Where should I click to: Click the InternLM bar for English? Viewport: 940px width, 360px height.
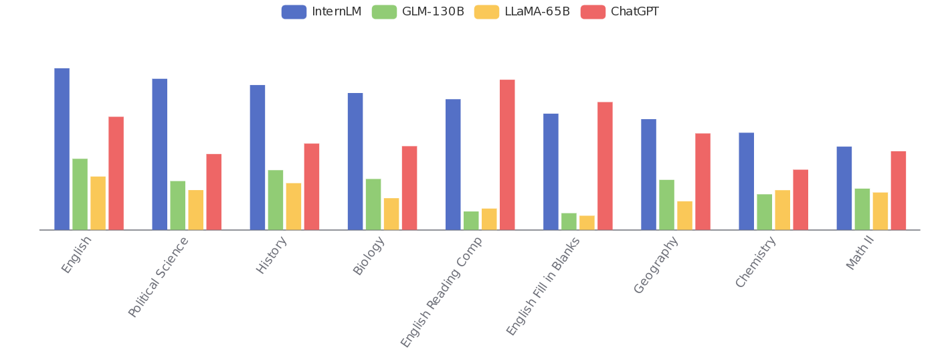click(x=62, y=149)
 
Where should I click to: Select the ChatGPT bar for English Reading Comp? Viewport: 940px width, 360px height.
click(x=507, y=155)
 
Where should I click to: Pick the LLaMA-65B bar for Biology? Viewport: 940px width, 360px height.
click(x=391, y=214)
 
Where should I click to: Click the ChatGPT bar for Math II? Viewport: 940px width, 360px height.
click(x=899, y=191)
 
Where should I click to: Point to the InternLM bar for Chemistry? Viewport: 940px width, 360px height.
click(x=746, y=181)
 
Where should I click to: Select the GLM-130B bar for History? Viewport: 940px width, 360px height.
click(x=276, y=200)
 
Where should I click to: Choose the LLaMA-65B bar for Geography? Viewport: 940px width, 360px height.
click(x=684, y=215)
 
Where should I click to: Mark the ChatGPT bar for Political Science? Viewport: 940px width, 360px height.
click(x=213, y=192)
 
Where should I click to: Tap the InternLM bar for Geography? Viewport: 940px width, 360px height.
click(x=648, y=175)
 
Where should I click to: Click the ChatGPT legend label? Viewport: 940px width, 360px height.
click(x=635, y=12)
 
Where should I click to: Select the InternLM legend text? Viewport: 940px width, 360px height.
click(x=337, y=12)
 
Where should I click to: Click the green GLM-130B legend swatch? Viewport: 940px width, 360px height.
click(x=384, y=12)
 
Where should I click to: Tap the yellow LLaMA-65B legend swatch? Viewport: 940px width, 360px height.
click(x=486, y=12)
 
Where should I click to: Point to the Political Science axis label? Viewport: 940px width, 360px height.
click(x=159, y=276)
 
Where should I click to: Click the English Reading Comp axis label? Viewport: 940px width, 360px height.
click(x=442, y=291)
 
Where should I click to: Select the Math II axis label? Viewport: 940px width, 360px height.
click(x=860, y=254)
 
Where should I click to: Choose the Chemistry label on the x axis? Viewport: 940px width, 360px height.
click(x=756, y=262)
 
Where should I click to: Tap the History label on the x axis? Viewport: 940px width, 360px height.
click(x=272, y=255)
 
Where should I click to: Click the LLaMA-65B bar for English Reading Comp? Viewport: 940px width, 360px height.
click(x=489, y=219)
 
